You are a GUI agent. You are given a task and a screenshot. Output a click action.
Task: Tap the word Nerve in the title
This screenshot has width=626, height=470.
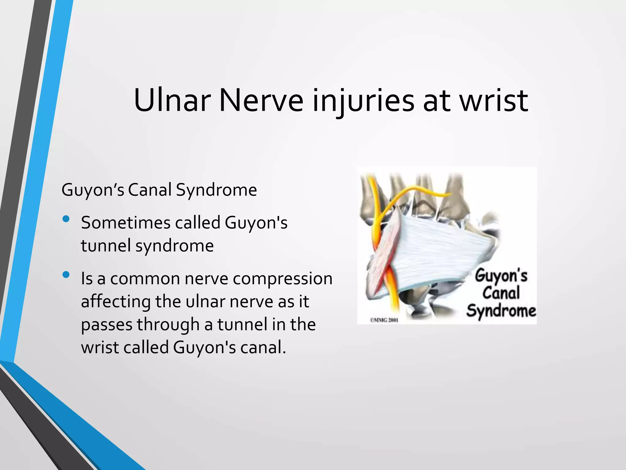(x=261, y=100)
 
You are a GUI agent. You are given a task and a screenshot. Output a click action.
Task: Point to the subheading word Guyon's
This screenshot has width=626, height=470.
(x=93, y=190)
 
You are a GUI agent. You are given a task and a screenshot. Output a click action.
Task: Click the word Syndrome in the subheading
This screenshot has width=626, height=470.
(x=216, y=190)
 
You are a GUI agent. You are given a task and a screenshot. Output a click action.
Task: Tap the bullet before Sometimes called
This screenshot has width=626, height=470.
(x=66, y=219)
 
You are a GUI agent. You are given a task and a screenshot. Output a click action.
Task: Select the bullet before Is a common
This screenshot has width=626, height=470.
(x=66, y=275)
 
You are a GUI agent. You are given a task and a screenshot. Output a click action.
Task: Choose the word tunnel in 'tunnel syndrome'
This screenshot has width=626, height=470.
(x=106, y=246)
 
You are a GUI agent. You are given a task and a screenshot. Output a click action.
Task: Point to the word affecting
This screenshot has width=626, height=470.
(x=116, y=301)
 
